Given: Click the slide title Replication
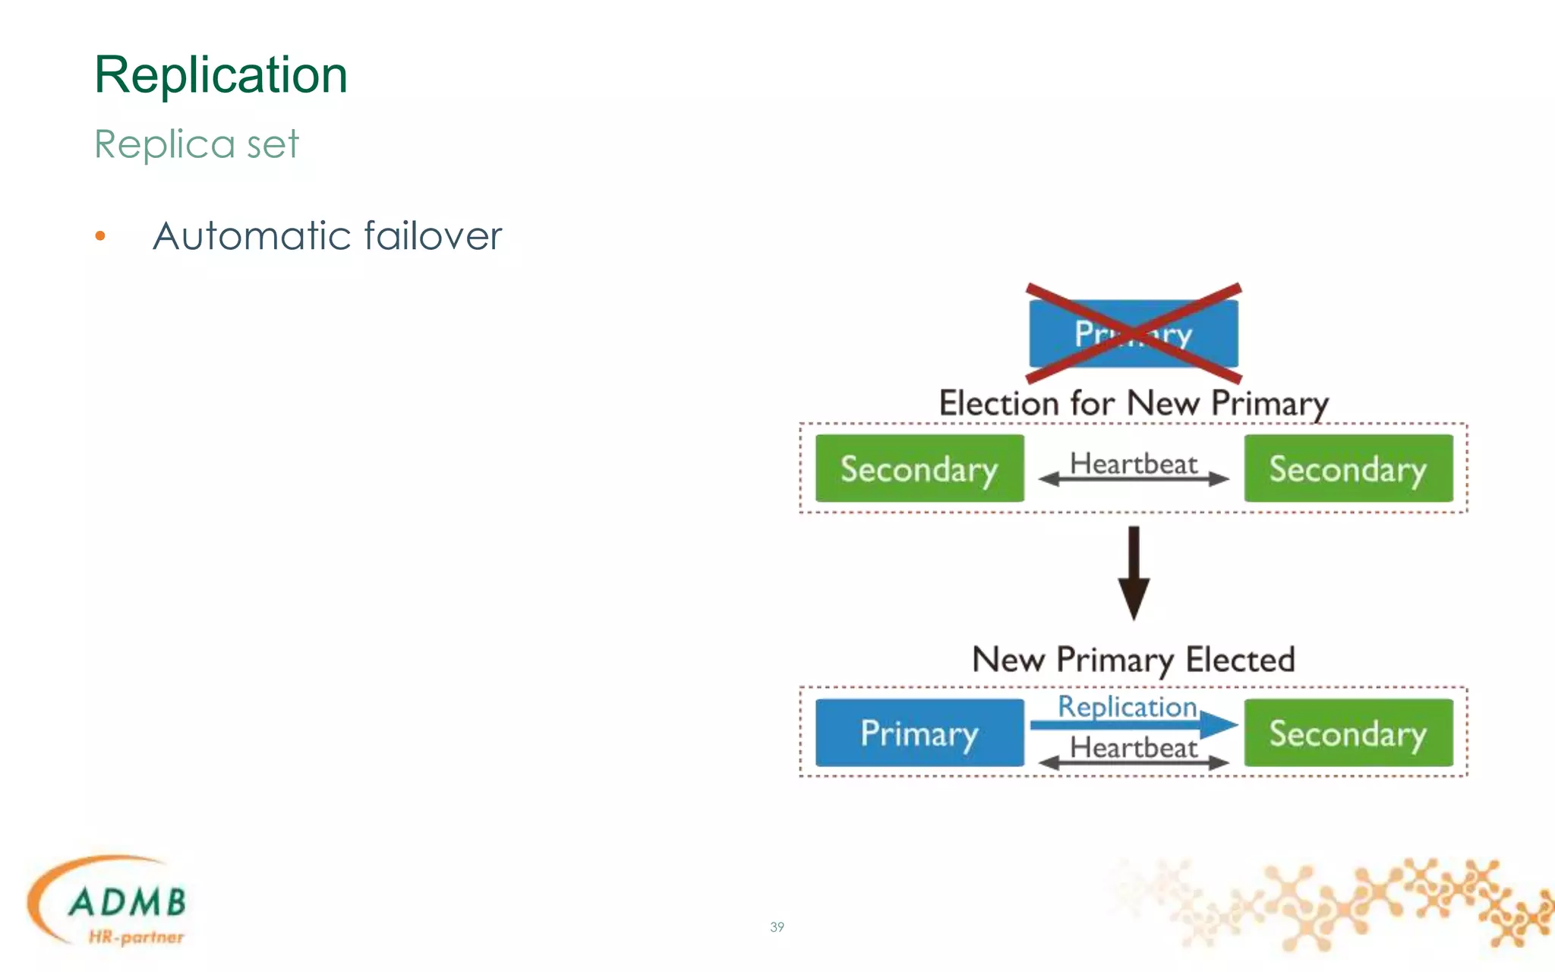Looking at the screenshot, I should [x=221, y=75].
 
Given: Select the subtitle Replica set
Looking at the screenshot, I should [x=197, y=144].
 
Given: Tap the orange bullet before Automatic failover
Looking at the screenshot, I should [x=100, y=236].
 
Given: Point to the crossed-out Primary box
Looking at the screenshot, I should [x=1134, y=333].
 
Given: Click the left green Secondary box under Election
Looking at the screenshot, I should [x=919, y=469].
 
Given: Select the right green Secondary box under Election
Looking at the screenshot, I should [x=1348, y=469].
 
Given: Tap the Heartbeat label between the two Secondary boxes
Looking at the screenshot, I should [x=1134, y=463].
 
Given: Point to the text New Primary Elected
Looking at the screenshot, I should [x=1134, y=659].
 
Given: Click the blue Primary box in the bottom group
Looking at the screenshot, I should [x=919, y=733].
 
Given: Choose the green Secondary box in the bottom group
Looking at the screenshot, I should [x=1348, y=733].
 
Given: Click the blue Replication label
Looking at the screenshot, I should [x=1128, y=706].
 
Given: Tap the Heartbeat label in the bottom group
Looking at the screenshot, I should [x=1134, y=747].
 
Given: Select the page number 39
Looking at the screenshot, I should [x=777, y=926].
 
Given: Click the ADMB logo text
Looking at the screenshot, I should [x=128, y=902].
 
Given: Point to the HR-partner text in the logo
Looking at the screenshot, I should [x=136, y=937].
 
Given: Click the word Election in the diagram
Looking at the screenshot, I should [x=998, y=402].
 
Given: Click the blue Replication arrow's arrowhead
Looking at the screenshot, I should [x=1219, y=724].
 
